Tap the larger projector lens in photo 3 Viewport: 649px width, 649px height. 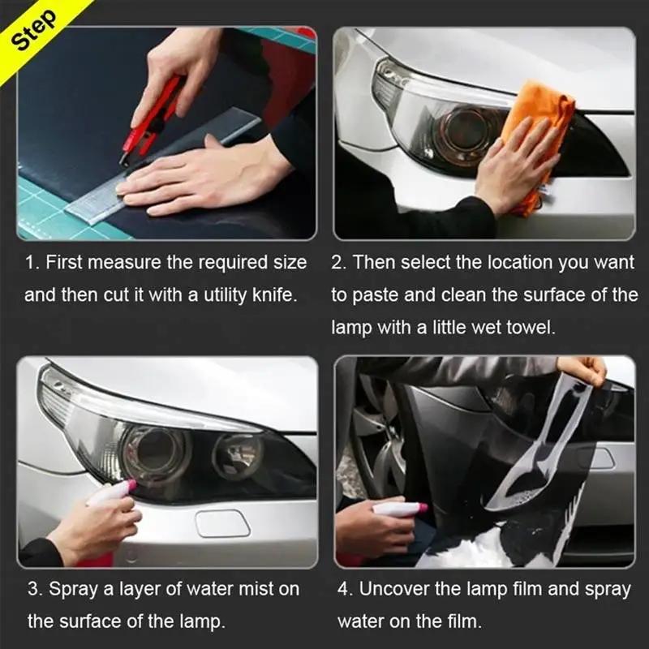point(154,451)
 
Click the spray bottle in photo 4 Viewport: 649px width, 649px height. point(398,509)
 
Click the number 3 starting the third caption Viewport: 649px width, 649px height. point(32,589)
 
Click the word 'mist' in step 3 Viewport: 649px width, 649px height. point(256,589)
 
